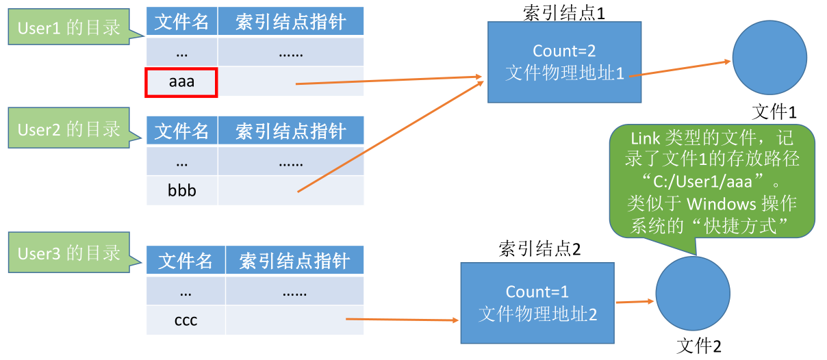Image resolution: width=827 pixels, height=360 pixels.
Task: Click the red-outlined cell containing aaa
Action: pyautogui.click(x=181, y=82)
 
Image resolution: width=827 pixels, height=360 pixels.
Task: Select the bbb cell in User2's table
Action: pyautogui.click(x=181, y=190)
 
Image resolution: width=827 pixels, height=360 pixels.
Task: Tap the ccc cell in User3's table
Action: pyautogui.click(x=186, y=320)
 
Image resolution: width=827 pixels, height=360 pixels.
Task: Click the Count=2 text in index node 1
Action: pyautogui.click(x=564, y=51)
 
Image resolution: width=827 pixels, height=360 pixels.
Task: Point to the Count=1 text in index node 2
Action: pyautogui.click(x=537, y=292)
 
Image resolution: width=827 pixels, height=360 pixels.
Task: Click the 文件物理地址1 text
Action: pyautogui.click(x=565, y=73)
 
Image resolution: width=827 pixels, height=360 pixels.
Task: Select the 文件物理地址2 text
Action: pyautogui.click(x=537, y=314)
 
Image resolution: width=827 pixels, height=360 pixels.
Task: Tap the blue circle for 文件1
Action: pyautogui.click(x=769, y=57)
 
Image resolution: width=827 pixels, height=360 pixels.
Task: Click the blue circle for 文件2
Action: pyautogui.click(x=693, y=294)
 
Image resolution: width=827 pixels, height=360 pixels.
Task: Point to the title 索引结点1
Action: pyautogui.click(x=564, y=13)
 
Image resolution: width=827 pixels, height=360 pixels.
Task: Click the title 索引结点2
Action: pyautogui.click(x=539, y=248)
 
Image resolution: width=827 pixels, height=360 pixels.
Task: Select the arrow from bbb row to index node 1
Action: pyautogui.click(x=391, y=137)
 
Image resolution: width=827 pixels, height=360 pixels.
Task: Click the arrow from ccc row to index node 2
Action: pyautogui.click(x=402, y=320)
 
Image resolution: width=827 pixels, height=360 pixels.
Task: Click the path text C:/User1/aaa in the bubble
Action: pyautogui.click(x=702, y=181)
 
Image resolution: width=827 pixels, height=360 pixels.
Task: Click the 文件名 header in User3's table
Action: pyautogui.click(x=186, y=261)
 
